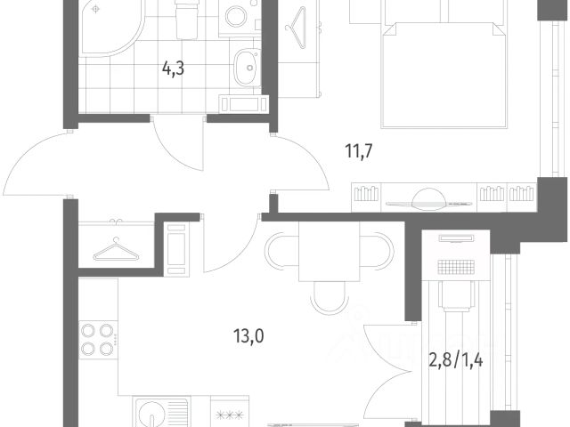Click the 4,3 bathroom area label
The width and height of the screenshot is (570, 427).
click(173, 68)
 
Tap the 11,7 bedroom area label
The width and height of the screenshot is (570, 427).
click(359, 150)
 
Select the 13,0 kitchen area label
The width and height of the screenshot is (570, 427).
click(248, 336)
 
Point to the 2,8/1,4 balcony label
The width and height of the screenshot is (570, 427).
click(456, 360)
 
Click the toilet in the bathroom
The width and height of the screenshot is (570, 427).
click(187, 18)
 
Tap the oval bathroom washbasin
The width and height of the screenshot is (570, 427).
click(247, 68)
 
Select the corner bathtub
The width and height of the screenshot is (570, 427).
click(110, 28)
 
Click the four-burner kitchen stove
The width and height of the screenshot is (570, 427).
click(98, 340)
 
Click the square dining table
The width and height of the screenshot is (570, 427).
click(329, 251)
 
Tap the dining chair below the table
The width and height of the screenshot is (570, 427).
click(330, 298)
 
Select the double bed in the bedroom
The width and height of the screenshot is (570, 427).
click(444, 75)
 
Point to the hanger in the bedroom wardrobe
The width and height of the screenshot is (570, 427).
click(296, 28)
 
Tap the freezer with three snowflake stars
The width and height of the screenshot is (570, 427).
click(230, 414)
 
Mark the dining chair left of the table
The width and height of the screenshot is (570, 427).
click(281, 251)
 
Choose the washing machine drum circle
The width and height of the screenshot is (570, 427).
click(236, 16)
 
